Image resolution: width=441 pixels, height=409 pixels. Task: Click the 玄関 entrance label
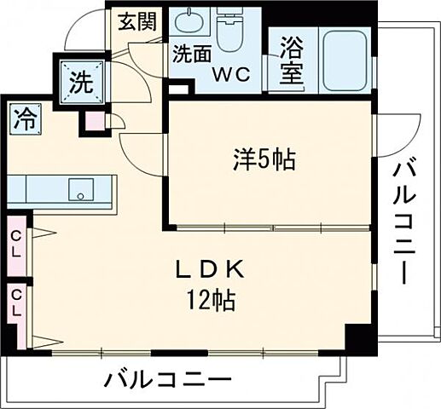(x=136, y=22)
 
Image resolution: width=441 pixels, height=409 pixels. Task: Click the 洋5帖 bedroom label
(x=264, y=158)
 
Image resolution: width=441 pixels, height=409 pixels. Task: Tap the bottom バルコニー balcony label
(x=169, y=379)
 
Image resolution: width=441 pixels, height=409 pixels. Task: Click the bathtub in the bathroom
(x=341, y=57)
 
